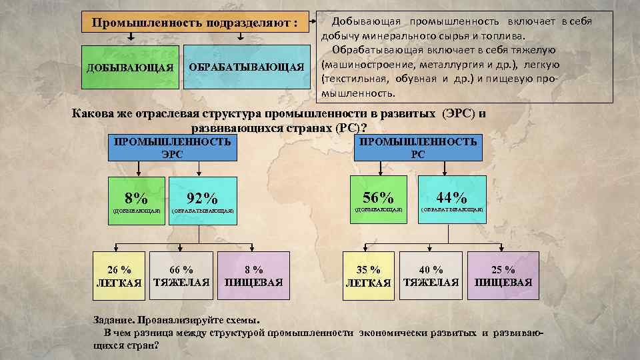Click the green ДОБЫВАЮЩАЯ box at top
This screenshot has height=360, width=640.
click(x=131, y=67)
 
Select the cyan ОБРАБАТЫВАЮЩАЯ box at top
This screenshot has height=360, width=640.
click(x=246, y=67)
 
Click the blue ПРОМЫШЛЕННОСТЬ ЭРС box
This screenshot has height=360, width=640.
click(x=173, y=147)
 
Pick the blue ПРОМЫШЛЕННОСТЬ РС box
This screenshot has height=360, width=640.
click(x=418, y=147)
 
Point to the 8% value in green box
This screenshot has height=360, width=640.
click(x=137, y=197)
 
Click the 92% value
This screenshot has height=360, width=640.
click(x=202, y=198)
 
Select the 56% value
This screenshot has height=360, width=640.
click(x=378, y=197)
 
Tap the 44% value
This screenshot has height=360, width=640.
click(x=451, y=197)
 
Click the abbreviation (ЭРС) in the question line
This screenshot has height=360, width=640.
click(x=457, y=113)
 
